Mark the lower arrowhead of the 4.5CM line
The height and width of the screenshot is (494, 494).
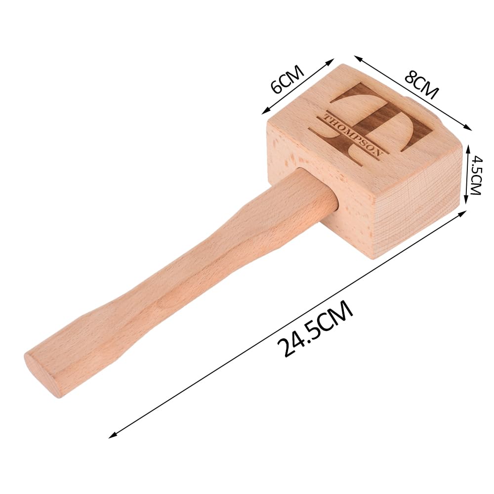point(467,202)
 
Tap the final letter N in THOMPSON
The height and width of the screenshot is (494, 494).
point(378,154)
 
